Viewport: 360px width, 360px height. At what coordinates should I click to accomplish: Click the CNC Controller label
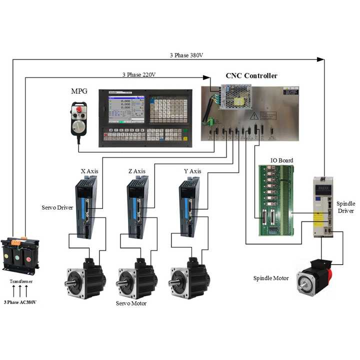click(251, 76)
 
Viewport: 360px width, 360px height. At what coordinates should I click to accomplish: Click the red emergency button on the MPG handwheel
click(78, 109)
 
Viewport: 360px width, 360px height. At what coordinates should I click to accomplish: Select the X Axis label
click(89, 171)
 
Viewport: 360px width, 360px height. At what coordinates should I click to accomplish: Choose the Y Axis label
click(192, 171)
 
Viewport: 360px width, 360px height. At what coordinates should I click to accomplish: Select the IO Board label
click(281, 160)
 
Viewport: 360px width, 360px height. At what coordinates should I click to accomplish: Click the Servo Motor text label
click(133, 303)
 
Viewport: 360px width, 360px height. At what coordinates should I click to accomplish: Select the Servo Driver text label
click(58, 206)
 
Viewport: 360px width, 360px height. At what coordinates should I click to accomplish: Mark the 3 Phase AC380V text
click(20, 302)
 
